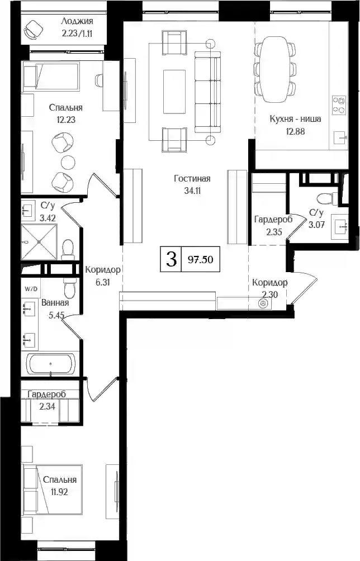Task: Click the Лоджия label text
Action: pos(77,21)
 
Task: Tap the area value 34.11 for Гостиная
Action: pos(192,191)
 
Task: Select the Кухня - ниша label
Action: pos(295,119)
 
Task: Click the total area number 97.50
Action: pos(200,260)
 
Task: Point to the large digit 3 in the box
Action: pos(172,259)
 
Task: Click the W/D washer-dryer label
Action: pos(31,289)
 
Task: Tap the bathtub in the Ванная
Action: pos(52,364)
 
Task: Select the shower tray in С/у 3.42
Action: pos(39,242)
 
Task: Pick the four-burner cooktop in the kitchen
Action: pos(339,105)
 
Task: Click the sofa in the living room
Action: pos(207,92)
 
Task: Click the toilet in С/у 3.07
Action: pos(326,198)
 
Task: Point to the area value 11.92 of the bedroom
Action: pos(59,492)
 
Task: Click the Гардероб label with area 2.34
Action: pos(47,394)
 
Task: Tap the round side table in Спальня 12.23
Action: pos(68,162)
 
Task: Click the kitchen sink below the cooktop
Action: pos(340,138)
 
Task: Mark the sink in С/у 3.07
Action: pos(340,227)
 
